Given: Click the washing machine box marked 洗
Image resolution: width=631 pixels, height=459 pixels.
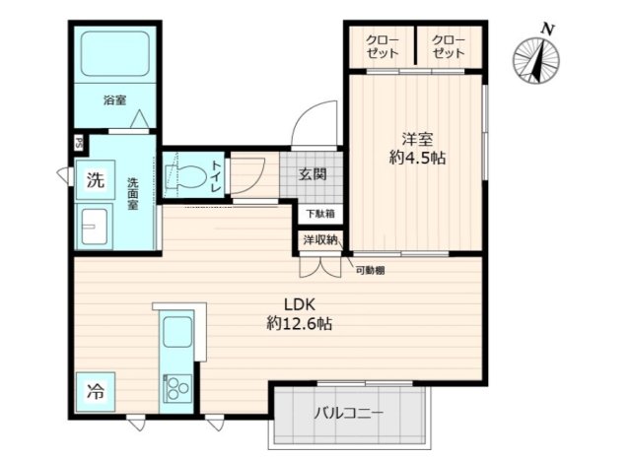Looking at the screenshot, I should [94, 180].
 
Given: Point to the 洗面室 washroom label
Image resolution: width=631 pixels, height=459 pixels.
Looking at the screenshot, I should [134, 194].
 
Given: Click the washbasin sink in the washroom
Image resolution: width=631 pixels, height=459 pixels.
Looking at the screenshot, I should [95, 229].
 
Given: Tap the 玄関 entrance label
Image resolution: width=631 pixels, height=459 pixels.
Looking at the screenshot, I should [313, 175].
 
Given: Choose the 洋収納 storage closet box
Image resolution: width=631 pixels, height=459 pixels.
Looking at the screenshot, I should [319, 239].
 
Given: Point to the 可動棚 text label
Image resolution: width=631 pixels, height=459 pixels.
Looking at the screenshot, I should [370, 270].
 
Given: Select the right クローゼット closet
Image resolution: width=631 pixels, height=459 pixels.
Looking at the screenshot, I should [449, 45].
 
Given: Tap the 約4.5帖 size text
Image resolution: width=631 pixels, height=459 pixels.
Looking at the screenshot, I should [415, 158].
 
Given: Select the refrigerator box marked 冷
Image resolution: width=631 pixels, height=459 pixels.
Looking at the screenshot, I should [94, 389].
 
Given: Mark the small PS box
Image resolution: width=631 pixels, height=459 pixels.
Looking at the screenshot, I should [79, 141].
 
